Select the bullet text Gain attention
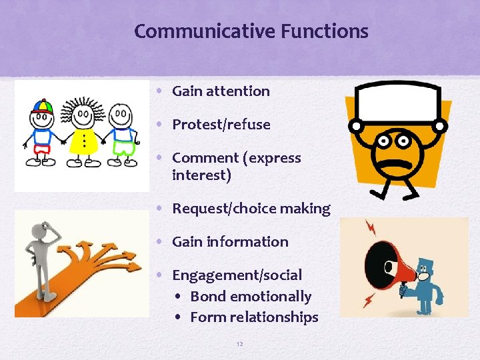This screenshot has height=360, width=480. pyautogui.click(x=221, y=91)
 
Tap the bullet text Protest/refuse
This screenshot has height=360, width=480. pyautogui.click(x=221, y=125)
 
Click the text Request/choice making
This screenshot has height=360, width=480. pyautogui.click(x=251, y=209)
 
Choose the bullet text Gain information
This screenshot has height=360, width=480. pyautogui.click(x=230, y=242)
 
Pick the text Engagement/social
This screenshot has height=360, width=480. pyautogui.click(x=237, y=275)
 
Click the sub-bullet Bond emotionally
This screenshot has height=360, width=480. pyautogui.click(x=251, y=297)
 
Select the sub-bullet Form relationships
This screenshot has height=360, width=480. pyautogui.click(x=254, y=317)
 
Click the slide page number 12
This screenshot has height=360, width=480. pyautogui.click(x=240, y=344)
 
